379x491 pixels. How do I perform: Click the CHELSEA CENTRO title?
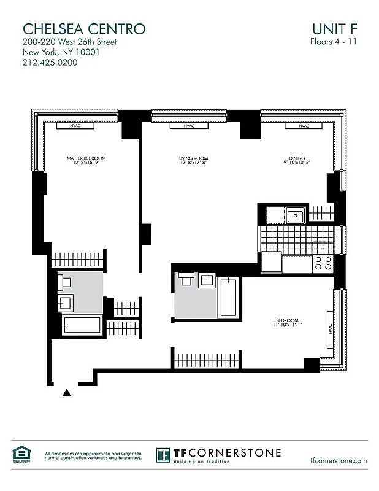point(84,28)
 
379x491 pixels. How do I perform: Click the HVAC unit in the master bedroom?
point(74,126)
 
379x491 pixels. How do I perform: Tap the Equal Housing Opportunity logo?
point(21,455)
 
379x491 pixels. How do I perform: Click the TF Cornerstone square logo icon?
point(163,455)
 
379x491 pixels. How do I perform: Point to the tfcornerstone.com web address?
point(339,460)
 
